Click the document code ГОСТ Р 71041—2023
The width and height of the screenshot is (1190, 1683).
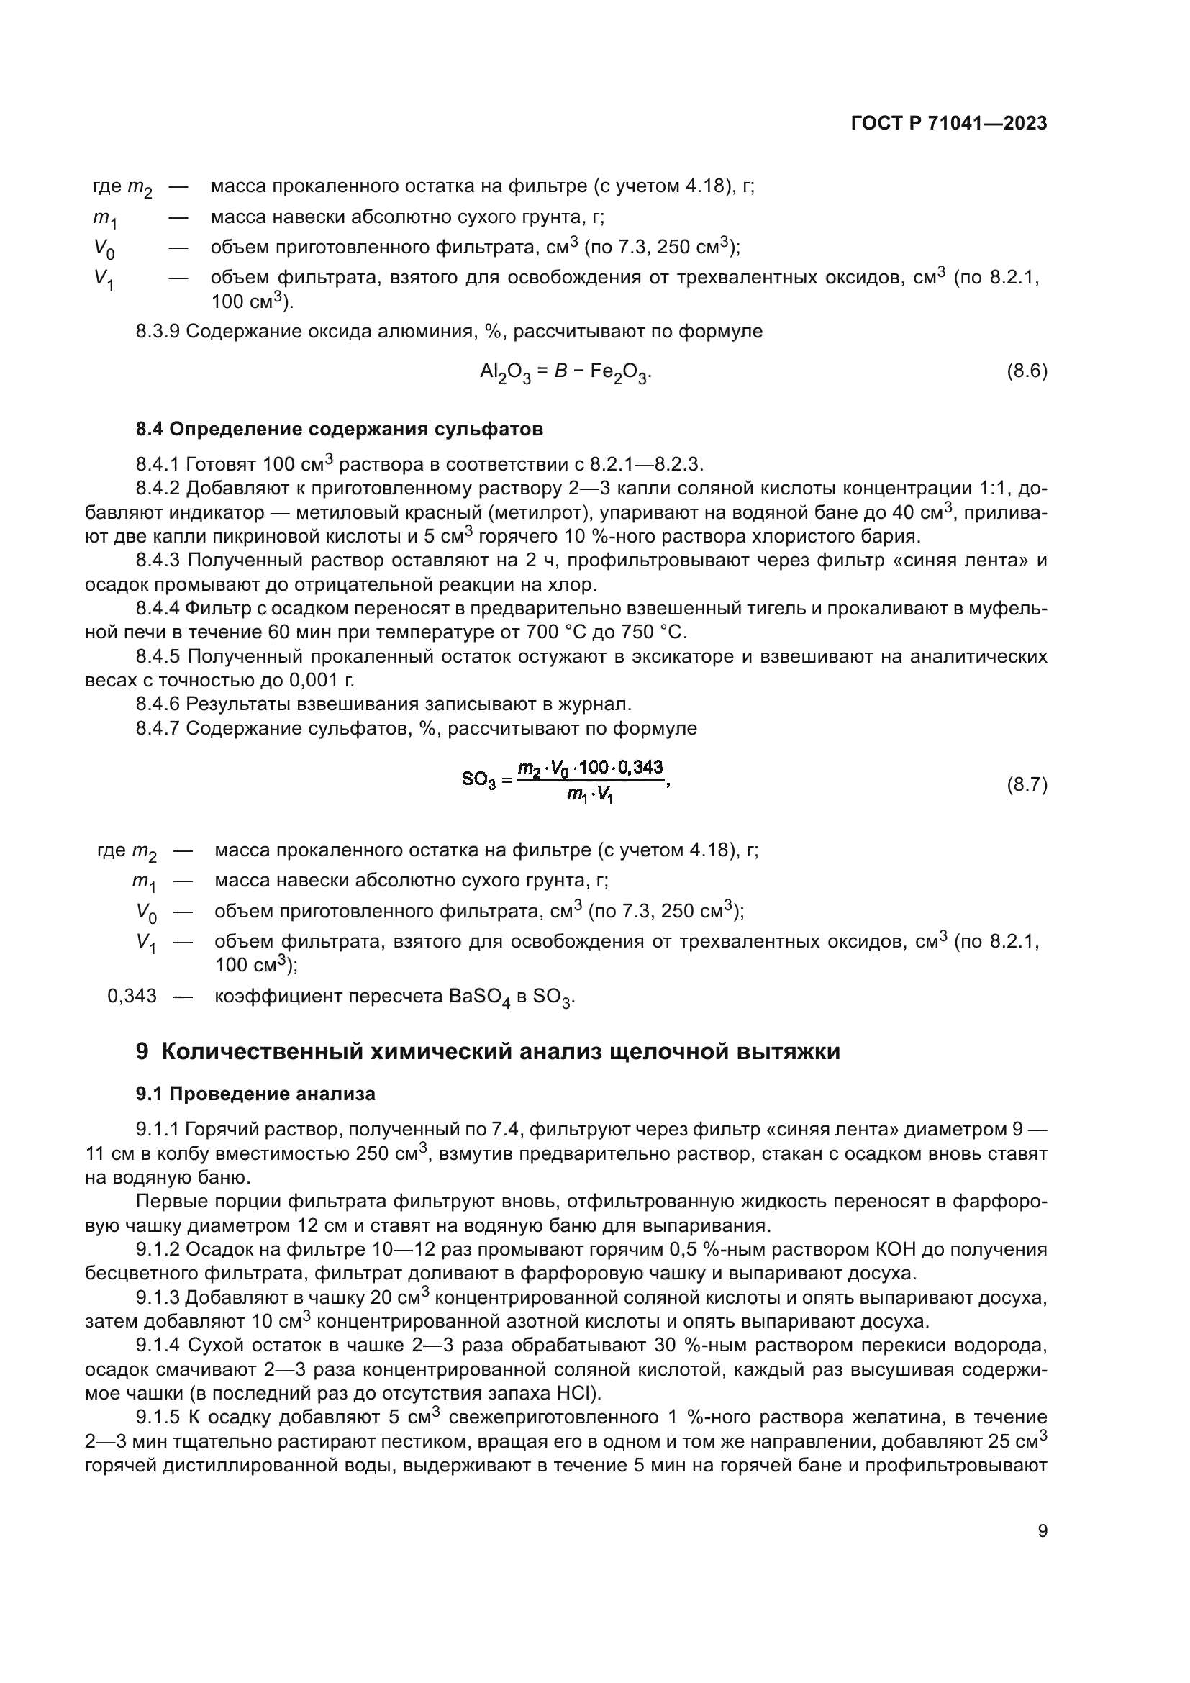[948, 123]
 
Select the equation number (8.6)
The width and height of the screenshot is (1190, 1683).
[1027, 371]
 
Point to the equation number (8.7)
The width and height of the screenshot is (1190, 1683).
[1027, 785]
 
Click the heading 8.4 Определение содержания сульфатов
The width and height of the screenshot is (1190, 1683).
[340, 430]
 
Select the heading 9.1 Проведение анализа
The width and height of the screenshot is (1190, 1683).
[255, 1094]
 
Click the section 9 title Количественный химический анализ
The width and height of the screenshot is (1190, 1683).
[488, 1051]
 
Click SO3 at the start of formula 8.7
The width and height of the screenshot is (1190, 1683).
[479, 780]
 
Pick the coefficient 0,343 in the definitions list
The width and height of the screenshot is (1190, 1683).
[132, 995]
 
